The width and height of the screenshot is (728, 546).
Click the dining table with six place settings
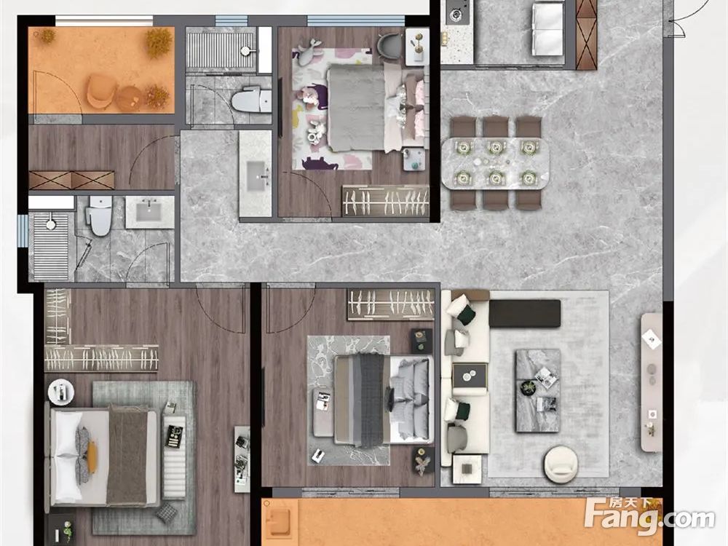click(495, 163)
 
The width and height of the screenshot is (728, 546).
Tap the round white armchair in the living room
click(561, 463)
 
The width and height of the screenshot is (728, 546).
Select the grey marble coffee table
click(538, 390)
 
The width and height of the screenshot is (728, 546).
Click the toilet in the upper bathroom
click(251, 100)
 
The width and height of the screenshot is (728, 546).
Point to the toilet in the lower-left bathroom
click(100, 215)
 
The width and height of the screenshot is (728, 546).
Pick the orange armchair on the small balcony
click(101, 91)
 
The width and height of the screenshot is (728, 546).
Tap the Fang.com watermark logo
click(649, 516)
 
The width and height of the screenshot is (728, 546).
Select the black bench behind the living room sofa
click(525, 313)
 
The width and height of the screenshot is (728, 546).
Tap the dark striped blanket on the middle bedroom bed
click(371, 400)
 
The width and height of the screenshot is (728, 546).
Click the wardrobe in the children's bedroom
click(385, 201)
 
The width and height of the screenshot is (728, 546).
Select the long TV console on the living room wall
click(651, 382)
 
